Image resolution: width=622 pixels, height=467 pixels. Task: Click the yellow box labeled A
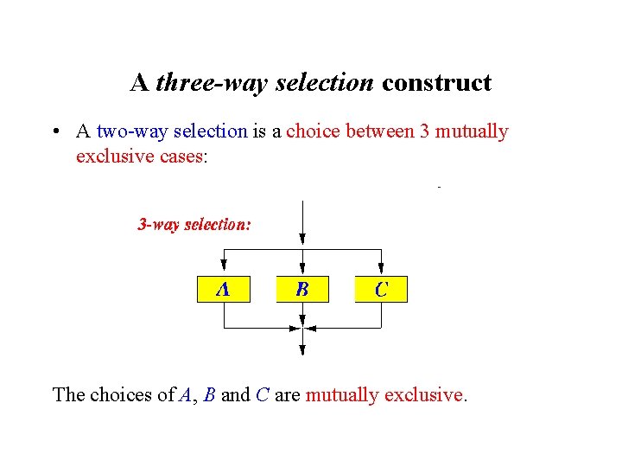click(224, 289)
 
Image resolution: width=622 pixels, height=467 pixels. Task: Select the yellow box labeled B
click(302, 289)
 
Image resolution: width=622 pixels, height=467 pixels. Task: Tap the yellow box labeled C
click(381, 289)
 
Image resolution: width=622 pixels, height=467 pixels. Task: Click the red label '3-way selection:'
click(195, 225)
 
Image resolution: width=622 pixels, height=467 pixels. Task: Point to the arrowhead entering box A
click(224, 267)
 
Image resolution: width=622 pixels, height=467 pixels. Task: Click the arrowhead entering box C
click(381, 267)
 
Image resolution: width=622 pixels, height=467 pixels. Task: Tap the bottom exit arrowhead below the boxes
click(302, 349)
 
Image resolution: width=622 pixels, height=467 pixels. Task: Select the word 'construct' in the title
click(436, 83)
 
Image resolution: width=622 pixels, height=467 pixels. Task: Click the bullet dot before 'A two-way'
click(54, 132)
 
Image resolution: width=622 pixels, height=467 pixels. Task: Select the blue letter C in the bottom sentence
click(263, 395)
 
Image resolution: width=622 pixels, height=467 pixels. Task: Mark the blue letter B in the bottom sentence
click(210, 395)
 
